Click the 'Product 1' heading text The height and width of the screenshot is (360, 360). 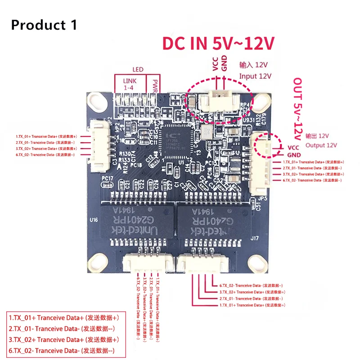44,24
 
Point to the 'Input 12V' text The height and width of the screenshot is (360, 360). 255,76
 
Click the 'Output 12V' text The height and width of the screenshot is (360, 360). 322,145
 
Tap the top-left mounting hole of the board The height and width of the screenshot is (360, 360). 96,102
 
